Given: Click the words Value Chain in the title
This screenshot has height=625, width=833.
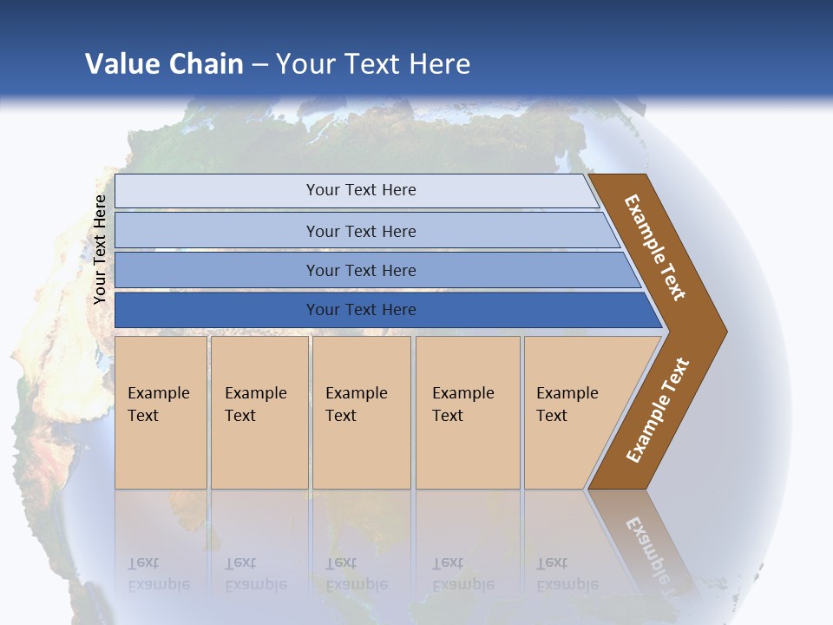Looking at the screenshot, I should pos(164,63).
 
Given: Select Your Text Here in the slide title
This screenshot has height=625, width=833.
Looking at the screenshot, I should pos(373,63).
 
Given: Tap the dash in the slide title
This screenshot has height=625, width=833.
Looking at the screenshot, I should pos(259,64).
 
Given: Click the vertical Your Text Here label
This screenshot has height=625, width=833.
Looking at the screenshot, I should pos(100,249).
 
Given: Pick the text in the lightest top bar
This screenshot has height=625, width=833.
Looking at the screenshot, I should pos(361,190).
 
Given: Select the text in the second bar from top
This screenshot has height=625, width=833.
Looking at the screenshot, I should pos(361,231).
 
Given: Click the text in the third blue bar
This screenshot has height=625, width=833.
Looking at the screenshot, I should pos(361,270).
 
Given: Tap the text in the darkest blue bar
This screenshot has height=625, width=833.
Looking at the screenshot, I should pos(361,310).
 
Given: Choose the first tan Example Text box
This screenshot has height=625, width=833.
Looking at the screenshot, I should pos(159,405).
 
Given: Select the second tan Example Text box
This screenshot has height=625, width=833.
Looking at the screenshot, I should pos(256,405).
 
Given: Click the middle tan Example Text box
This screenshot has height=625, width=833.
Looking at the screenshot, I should pos(357,405).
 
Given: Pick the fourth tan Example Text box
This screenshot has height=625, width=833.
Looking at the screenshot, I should pos(463,405).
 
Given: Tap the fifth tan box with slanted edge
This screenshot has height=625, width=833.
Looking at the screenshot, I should pos(567,405).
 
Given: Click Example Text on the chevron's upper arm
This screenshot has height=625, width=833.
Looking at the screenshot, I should pos(655,247).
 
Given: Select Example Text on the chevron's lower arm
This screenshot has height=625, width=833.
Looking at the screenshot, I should pos(657,410).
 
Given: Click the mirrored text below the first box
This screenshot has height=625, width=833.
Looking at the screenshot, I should pos(159,574).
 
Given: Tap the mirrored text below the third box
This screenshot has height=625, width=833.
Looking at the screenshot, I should pos(357,574).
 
